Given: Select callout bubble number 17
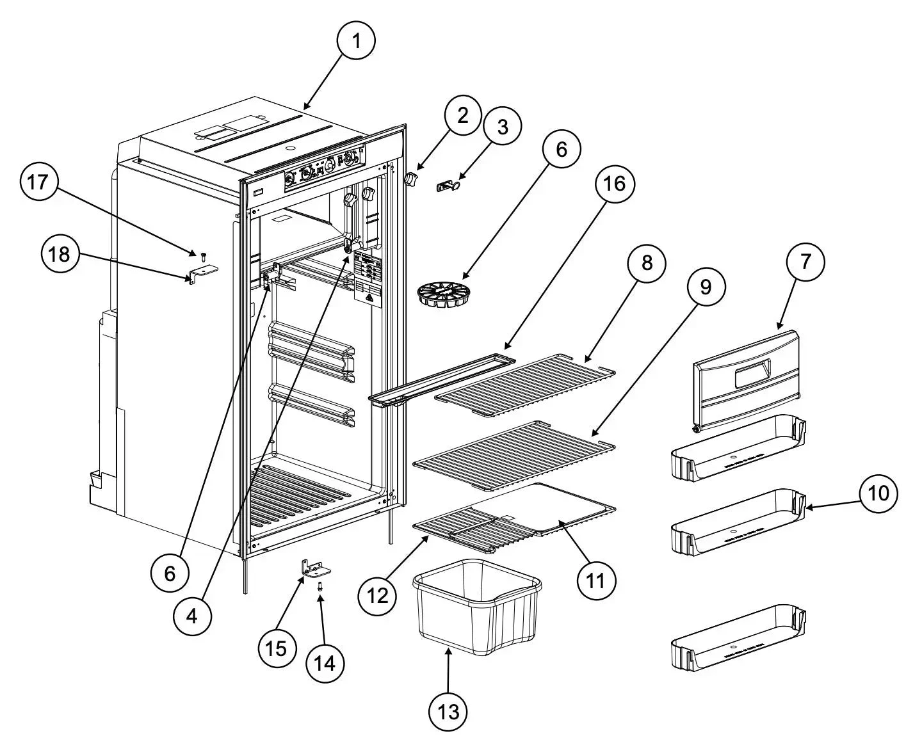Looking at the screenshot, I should tap(38, 182).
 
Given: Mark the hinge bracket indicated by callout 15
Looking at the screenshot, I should tap(315, 568).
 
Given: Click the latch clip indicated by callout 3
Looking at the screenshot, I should tap(449, 186).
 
